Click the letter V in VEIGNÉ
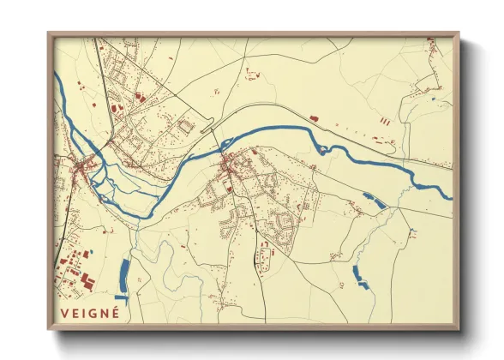[64, 314]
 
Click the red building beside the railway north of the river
[313, 116]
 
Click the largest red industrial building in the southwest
[88, 280]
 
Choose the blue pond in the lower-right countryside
[358, 274]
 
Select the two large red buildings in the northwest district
[117, 106]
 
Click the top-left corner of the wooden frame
[50, 34]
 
